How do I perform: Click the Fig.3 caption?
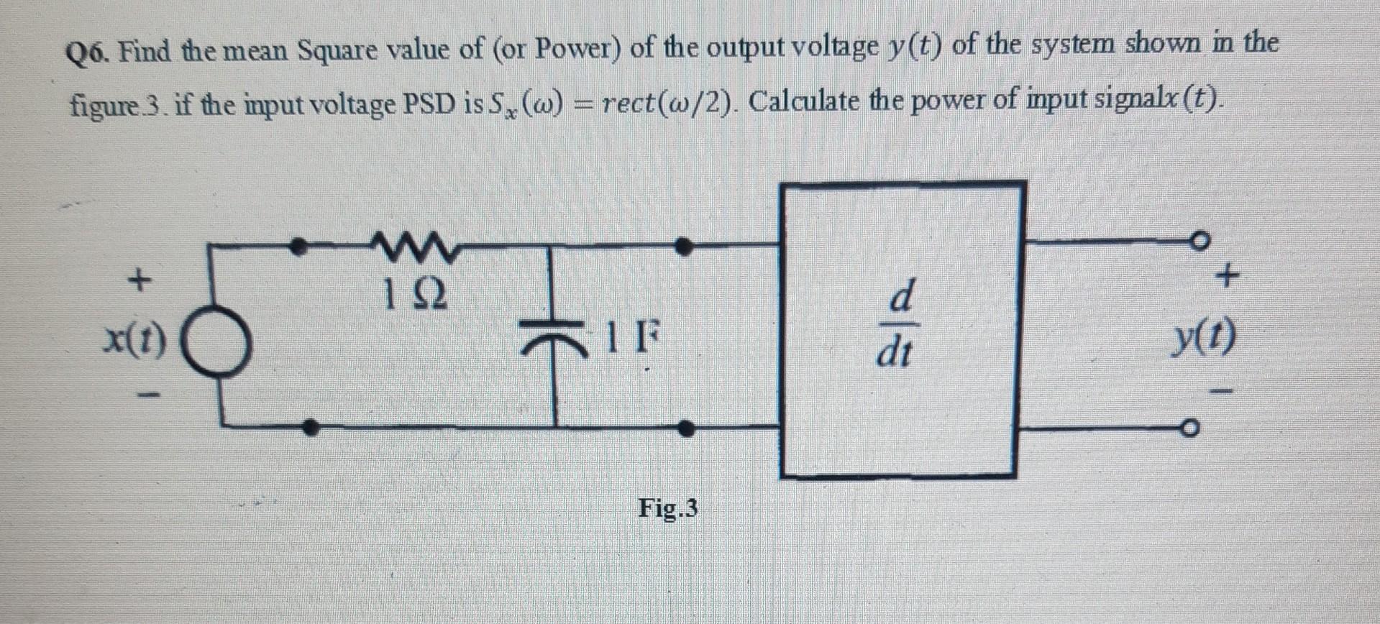667,509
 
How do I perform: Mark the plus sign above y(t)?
1229,274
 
